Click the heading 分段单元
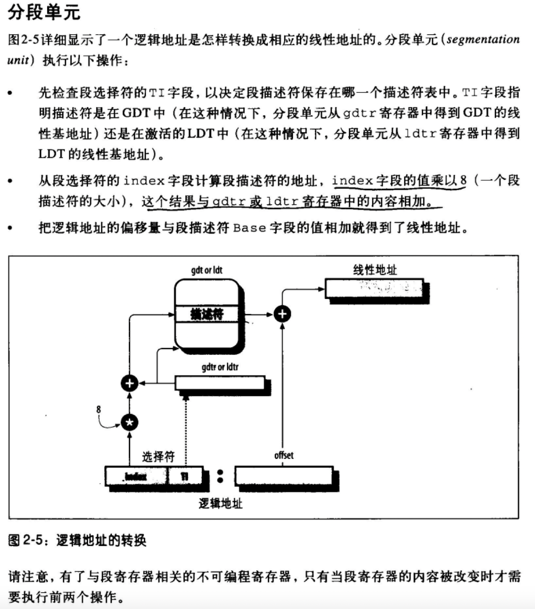pos(44,12)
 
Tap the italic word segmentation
pos(483,39)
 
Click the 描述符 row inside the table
pos(207,314)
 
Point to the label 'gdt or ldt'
pos(206,270)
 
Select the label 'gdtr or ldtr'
pos(220,367)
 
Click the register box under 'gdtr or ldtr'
pos(220,382)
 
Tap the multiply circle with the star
pos(130,423)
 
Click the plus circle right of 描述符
pos(282,314)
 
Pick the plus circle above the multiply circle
pos(130,383)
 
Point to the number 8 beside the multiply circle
pos(99,409)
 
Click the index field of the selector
pos(136,477)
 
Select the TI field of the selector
pos(184,477)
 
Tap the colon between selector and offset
pos(220,476)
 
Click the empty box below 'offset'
pos(283,476)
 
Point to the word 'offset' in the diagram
pos(284,455)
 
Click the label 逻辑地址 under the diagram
pos(220,503)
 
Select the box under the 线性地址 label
pos(374,288)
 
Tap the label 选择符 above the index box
pos(158,456)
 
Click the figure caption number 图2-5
pos(26,541)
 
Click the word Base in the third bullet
pos(249,227)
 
